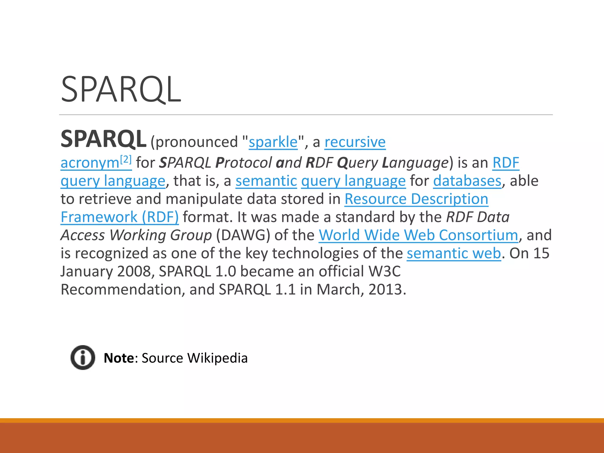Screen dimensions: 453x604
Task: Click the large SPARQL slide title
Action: pyautogui.click(x=121, y=89)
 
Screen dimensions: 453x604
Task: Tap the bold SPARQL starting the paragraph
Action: pyautogui.click(x=104, y=139)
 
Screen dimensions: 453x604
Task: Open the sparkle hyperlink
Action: pyautogui.click(x=273, y=142)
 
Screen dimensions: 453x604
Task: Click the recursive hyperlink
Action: pyautogui.click(x=355, y=142)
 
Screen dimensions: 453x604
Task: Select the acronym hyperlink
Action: pyautogui.click(x=90, y=163)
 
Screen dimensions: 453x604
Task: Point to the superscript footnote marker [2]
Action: pyautogui.click(x=126, y=160)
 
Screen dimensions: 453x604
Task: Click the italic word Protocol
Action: pyautogui.click(x=244, y=163)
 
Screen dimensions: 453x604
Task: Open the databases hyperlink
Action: pyautogui.click(x=467, y=181)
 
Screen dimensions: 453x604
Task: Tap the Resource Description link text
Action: pyautogui.click(x=416, y=199)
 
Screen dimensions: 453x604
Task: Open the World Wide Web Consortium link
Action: pyautogui.click(x=418, y=235)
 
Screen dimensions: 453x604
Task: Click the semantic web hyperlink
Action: pyautogui.click(x=454, y=253)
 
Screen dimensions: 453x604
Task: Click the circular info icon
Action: pyautogui.click(x=83, y=357)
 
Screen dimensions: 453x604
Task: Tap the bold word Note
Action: pyautogui.click(x=119, y=358)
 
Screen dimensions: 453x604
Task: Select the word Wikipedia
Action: pyautogui.click(x=217, y=358)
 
